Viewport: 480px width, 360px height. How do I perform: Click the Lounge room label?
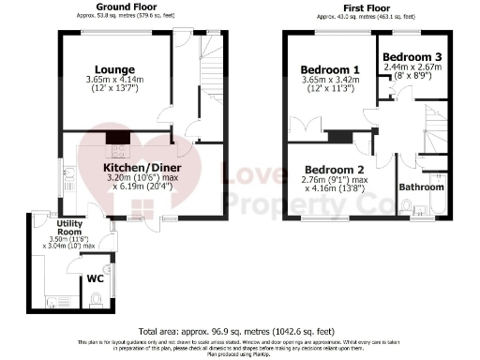tap(114, 69)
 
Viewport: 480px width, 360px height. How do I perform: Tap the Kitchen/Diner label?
tap(142, 168)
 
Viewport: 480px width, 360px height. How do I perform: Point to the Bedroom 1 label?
tap(329, 69)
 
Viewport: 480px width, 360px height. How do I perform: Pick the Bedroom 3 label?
tap(412, 56)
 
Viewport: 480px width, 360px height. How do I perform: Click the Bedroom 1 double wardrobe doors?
tap(302, 128)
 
